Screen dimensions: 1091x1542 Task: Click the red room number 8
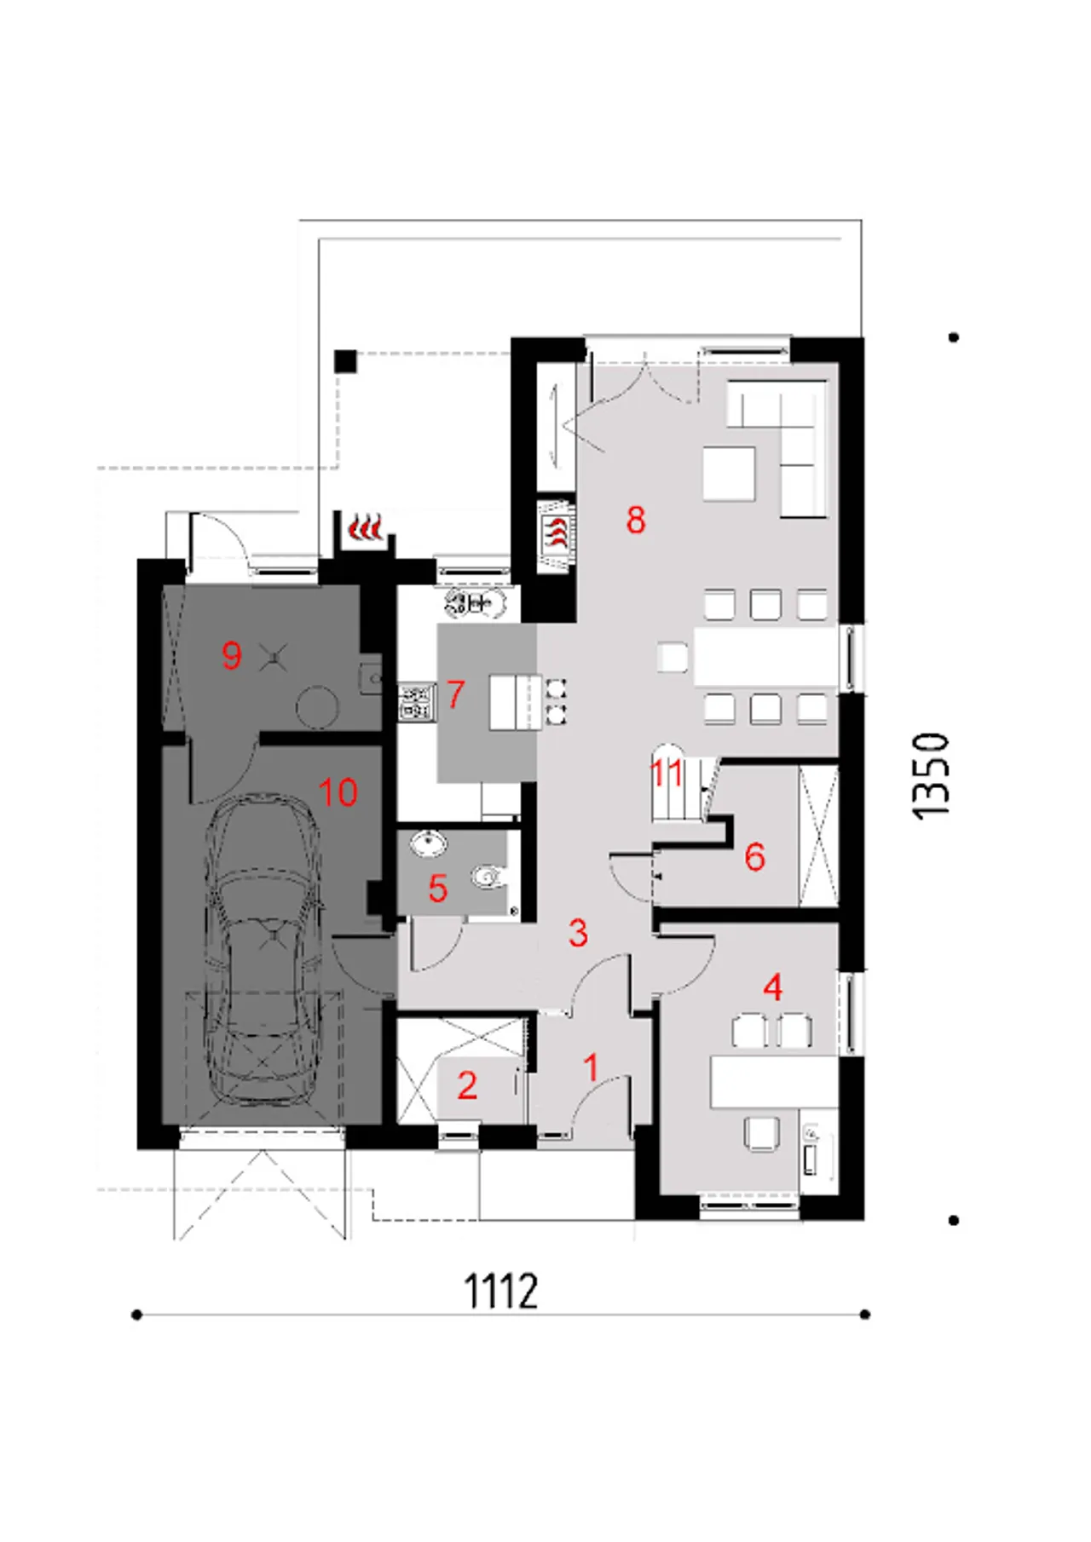(636, 519)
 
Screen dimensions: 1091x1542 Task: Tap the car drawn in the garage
(265, 950)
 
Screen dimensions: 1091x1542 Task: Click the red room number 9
(231, 655)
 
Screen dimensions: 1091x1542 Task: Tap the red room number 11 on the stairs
(667, 774)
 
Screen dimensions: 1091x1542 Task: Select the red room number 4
(773, 987)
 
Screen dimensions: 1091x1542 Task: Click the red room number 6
(754, 856)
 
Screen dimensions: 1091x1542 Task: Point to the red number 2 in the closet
(466, 1085)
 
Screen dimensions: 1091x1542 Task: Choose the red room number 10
(338, 792)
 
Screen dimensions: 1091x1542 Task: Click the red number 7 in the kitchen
(455, 694)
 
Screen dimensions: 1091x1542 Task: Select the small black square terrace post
(345, 361)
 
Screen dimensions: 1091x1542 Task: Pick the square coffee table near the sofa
(729, 474)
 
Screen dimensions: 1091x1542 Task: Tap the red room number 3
(578, 933)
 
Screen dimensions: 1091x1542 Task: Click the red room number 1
(591, 1067)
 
